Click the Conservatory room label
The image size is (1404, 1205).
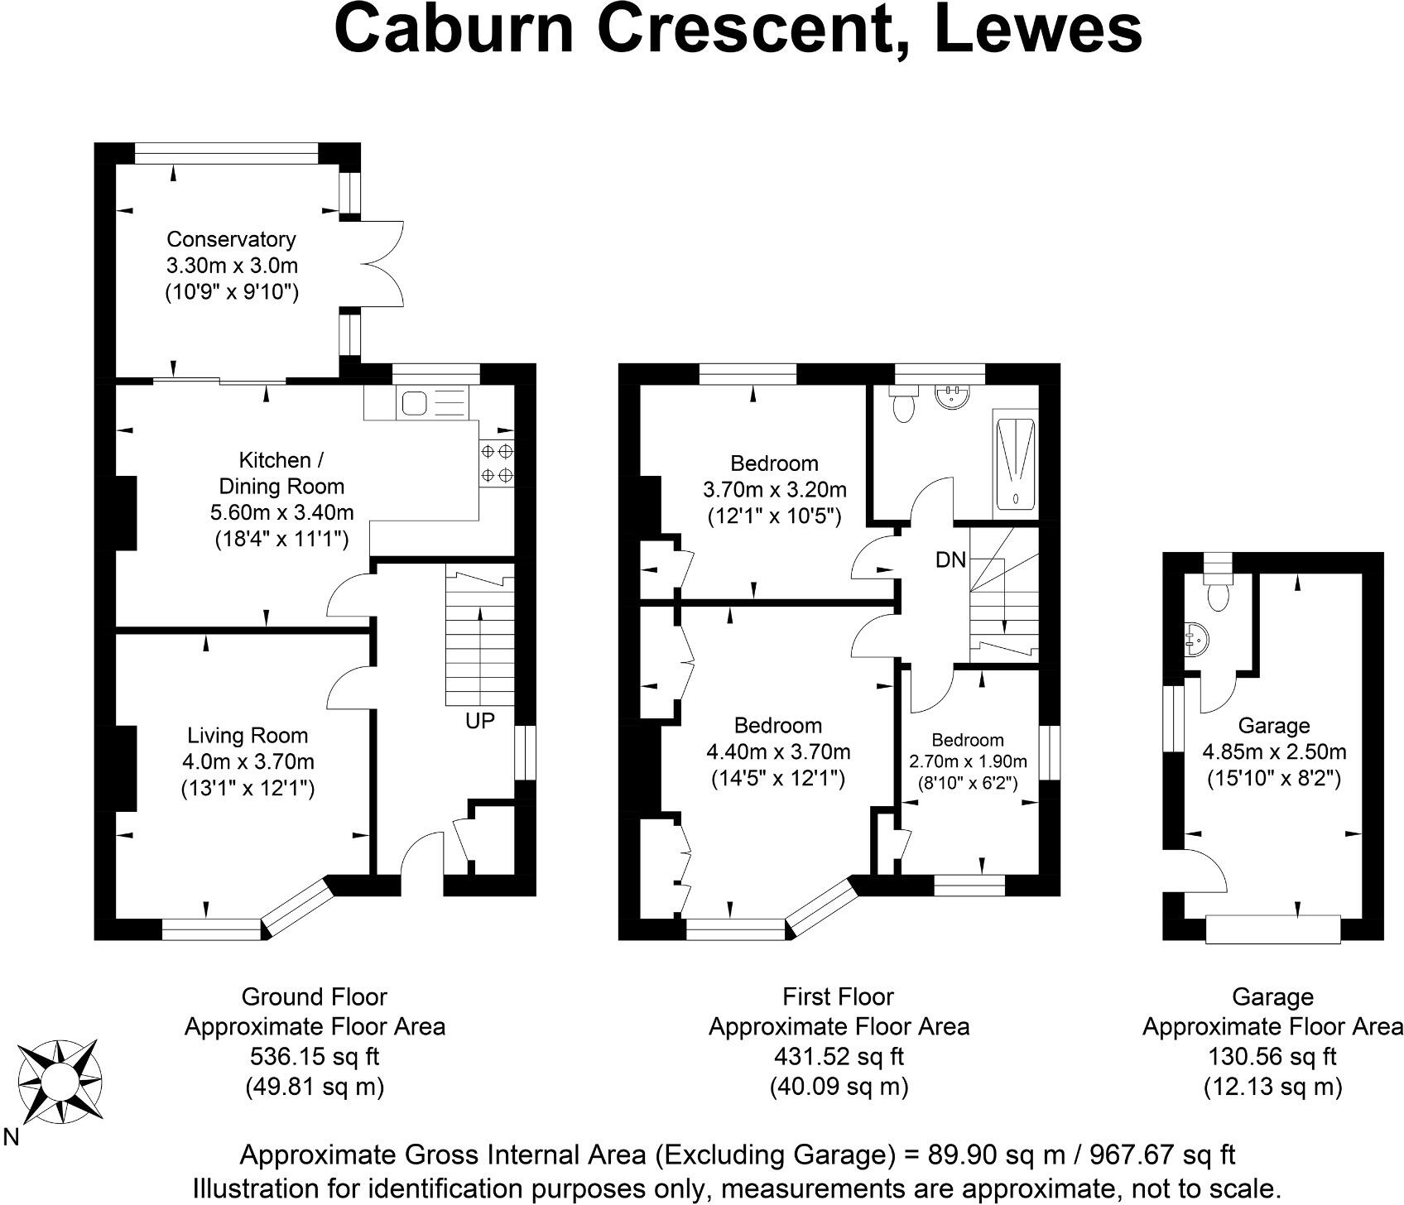(x=231, y=239)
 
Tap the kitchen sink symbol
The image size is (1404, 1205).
(x=414, y=404)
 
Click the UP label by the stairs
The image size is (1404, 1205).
(x=480, y=721)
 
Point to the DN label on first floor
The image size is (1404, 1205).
(x=950, y=560)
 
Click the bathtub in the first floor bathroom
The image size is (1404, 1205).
(x=1016, y=463)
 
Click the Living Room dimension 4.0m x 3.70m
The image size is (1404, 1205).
(x=248, y=761)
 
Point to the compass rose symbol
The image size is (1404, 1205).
(x=60, y=1080)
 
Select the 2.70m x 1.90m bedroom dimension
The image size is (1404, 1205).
(x=968, y=761)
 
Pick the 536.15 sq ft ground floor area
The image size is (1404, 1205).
(x=315, y=1057)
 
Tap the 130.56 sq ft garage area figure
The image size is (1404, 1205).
(x=1272, y=1057)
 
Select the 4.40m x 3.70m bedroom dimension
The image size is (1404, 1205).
(x=778, y=752)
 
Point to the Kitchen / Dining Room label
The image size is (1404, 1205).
(x=281, y=473)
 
